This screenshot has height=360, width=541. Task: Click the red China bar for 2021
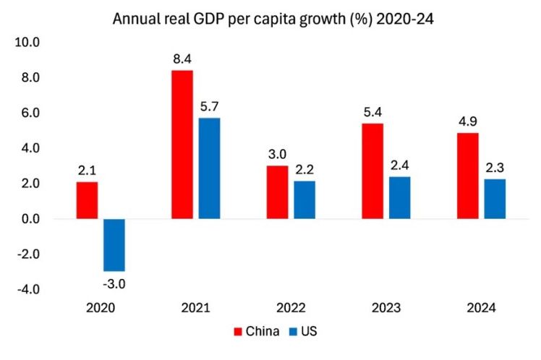[x=182, y=145]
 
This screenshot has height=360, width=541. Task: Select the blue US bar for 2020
[x=114, y=244]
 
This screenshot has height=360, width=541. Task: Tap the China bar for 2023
[x=373, y=171]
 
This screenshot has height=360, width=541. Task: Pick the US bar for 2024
[x=495, y=199]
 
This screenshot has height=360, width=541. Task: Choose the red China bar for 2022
[x=278, y=192]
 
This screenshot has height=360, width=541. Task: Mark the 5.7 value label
[x=210, y=106]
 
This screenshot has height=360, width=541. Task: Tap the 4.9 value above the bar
[x=467, y=121]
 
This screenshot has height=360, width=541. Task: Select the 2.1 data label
[x=87, y=170]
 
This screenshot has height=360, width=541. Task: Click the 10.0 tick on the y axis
[x=27, y=43]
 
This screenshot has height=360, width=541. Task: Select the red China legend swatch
[x=238, y=332]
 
